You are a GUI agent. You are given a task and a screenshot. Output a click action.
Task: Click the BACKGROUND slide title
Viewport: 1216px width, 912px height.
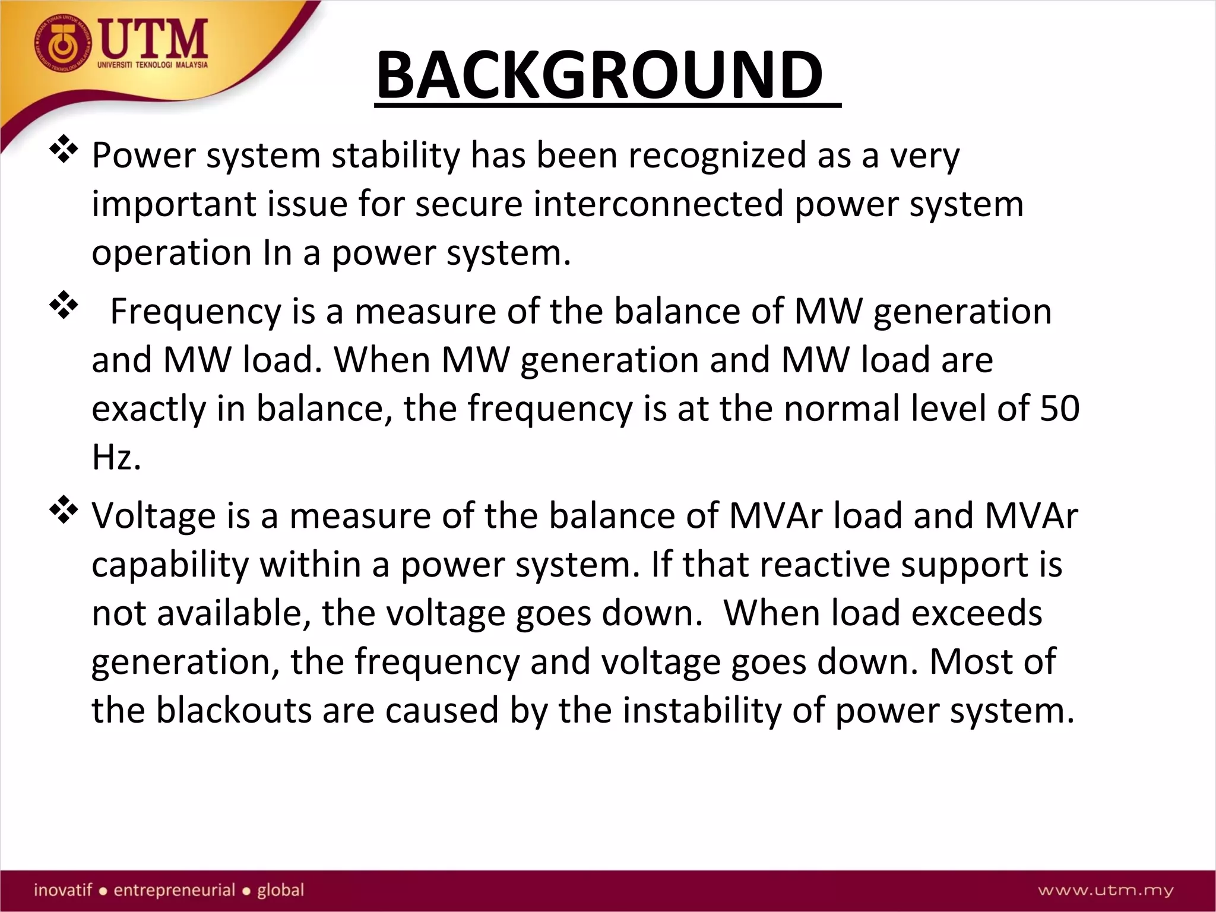pyautogui.click(x=600, y=75)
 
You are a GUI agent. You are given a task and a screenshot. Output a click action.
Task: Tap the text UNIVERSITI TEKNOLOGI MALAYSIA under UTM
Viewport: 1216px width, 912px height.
pyautogui.click(x=153, y=65)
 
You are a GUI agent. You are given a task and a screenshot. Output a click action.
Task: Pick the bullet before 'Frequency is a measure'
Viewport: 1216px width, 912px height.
pyautogui.click(x=64, y=306)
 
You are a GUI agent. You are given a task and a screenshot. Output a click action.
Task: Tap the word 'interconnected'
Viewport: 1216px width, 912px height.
pyautogui.click(x=658, y=204)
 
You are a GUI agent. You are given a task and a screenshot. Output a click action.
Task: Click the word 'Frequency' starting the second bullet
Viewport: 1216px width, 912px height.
pyautogui.click(x=196, y=312)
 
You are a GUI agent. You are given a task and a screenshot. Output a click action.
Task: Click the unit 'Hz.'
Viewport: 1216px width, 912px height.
pyautogui.click(x=116, y=458)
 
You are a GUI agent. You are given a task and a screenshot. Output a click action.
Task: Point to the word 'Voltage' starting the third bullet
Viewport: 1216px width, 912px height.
pyautogui.click(x=153, y=516)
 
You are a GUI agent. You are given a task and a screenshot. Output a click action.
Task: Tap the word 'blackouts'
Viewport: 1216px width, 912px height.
pyautogui.click(x=233, y=711)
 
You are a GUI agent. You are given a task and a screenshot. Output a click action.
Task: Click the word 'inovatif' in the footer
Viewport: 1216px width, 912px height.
pyautogui.click(x=63, y=890)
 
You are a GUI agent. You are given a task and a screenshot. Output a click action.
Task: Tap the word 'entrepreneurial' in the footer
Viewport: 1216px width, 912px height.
pyautogui.click(x=175, y=890)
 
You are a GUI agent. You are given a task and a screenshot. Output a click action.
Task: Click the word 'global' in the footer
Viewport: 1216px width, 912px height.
pyautogui.click(x=280, y=890)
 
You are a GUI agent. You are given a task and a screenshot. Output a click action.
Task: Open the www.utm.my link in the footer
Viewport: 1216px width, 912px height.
pyautogui.click(x=1106, y=890)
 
